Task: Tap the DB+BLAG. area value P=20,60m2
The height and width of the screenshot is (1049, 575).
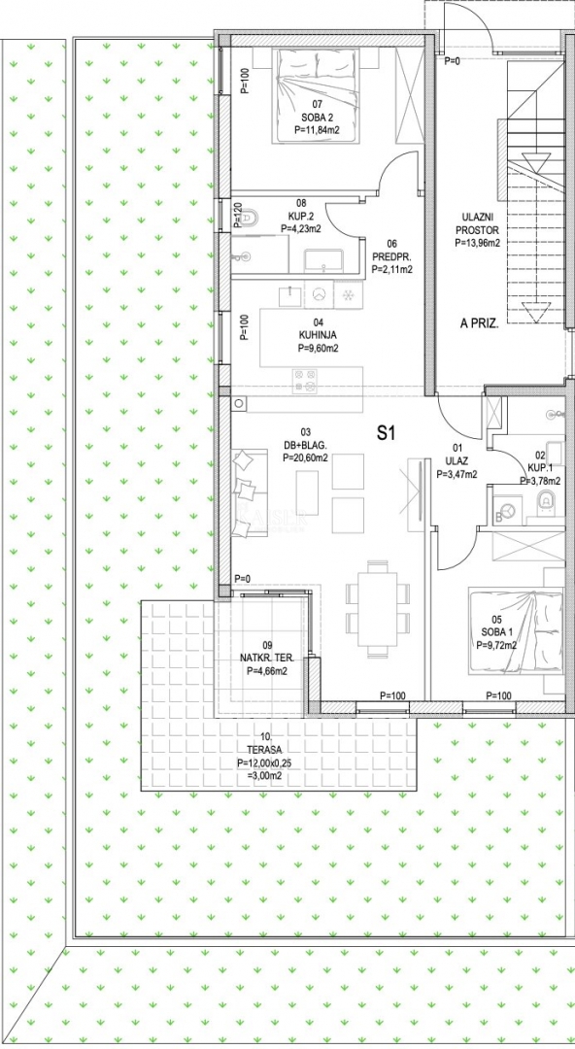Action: [305, 458]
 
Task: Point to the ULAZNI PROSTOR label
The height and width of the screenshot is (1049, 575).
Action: [477, 222]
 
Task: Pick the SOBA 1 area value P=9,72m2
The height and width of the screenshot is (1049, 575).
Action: [496, 646]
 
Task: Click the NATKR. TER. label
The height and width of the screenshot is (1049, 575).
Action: [267, 659]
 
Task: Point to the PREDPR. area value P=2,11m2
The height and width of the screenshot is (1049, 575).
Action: [391, 270]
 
